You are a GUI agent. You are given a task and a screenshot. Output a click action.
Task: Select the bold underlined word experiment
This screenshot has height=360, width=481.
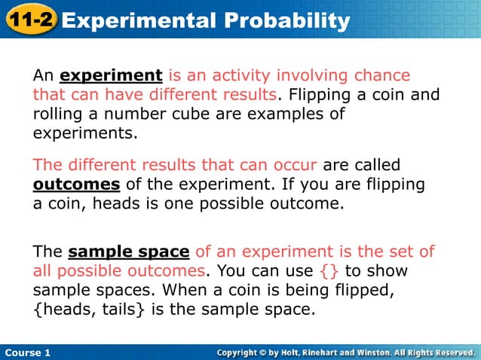tap(111, 76)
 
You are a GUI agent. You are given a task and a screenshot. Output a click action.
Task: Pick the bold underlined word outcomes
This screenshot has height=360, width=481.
tap(76, 185)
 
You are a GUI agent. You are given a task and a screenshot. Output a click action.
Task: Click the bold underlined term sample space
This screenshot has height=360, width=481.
tap(128, 252)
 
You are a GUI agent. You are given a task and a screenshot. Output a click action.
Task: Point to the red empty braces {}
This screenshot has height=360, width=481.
tap(329, 270)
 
